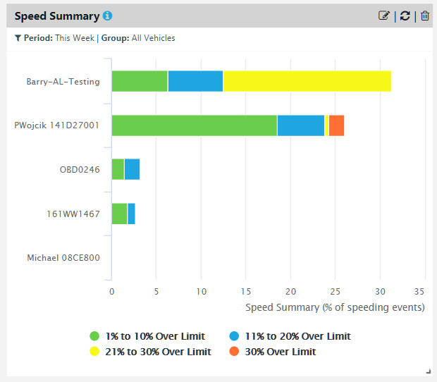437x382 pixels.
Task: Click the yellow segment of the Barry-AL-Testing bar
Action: tap(307, 81)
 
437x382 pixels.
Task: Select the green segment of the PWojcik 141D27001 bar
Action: tap(194, 125)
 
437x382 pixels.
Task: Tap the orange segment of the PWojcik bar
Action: tap(336, 125)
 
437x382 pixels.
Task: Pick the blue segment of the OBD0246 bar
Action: tap(132, 169)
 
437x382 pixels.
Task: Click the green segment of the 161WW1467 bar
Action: tap(119, 213)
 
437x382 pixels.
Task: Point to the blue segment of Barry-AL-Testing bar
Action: tap(195, 81)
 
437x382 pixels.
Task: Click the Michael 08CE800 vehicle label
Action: tap(63, 257)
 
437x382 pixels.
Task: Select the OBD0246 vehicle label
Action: tap(80, 169)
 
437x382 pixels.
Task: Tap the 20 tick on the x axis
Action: tap(290, 291)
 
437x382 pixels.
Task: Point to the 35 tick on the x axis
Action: tap(419, 291)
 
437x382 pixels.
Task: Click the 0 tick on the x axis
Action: tap(112, 291)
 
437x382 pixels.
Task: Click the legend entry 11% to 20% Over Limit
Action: tap(290, 336)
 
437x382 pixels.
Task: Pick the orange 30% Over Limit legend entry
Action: tap(273, 352)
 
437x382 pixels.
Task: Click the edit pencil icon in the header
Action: tap(384, 16)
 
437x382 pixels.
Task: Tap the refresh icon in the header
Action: tap(405, 16)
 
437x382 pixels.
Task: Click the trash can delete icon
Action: tap(424, 16)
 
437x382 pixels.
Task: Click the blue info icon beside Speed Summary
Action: tap(107, 16)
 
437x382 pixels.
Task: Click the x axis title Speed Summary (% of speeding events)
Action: tap(335, 307)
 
